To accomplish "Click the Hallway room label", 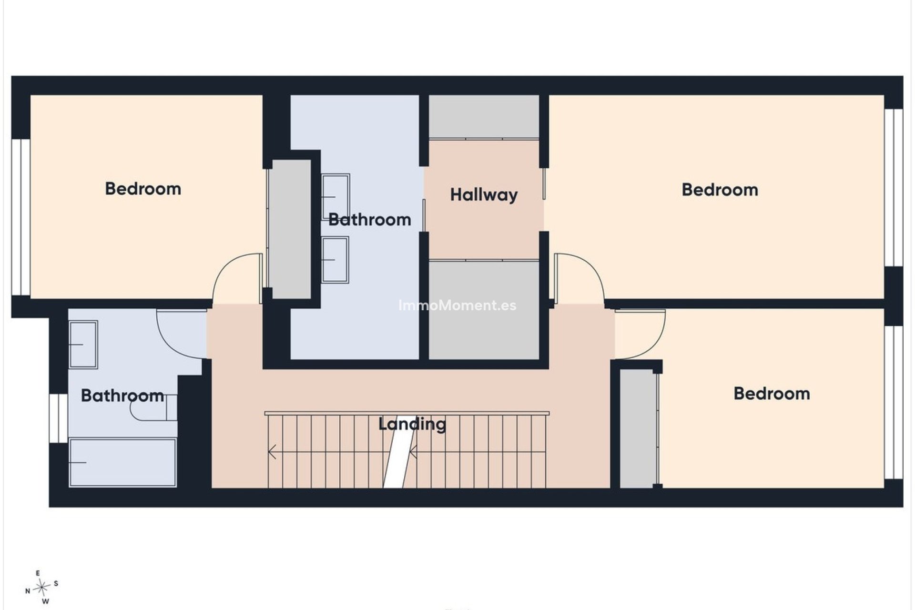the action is (484, 195).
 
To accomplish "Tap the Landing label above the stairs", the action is (412, 424).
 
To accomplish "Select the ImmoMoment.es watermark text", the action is (457, 305).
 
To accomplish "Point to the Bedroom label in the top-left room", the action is (143, 189).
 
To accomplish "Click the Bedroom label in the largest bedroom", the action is (720, 190).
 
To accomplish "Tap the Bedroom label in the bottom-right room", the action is (772, 393).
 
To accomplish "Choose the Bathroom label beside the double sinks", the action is (370, 220).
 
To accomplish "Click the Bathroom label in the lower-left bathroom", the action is (122, 396).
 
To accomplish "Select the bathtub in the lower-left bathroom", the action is (122, 463).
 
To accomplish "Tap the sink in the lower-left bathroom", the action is (83, 345).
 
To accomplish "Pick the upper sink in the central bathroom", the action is (335, 196).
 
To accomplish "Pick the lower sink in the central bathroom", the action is (335, 260).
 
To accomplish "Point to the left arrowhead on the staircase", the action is (272, 451).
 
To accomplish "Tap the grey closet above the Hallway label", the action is (484, 117).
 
